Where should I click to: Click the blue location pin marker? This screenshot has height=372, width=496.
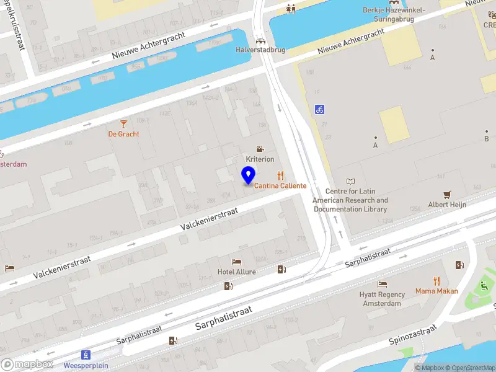[249, 176]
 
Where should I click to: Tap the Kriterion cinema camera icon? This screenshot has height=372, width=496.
[260, 149]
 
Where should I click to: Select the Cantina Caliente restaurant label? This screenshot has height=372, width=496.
[280, 186]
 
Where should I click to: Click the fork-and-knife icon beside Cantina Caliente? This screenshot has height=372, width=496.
[280, 175]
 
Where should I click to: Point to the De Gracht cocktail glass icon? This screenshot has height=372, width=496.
[123, 124]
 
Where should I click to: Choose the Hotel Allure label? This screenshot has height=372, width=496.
[236, 272]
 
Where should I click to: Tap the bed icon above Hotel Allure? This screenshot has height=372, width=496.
[236, 262]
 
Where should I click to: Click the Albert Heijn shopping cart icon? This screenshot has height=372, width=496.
[446, 194]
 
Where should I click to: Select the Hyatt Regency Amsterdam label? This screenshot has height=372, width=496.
[383, 299]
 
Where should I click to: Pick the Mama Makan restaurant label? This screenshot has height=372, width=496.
[436, 291]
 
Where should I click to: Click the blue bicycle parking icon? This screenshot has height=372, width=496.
[319, 109]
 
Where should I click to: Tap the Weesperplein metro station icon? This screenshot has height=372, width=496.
[86, 355]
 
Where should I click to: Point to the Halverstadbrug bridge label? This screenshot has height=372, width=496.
[260, 50]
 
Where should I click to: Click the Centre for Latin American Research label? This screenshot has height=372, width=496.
[350, 200]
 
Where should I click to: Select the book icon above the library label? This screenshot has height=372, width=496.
[351, 181]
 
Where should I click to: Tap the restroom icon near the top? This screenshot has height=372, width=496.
[291, 9]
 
